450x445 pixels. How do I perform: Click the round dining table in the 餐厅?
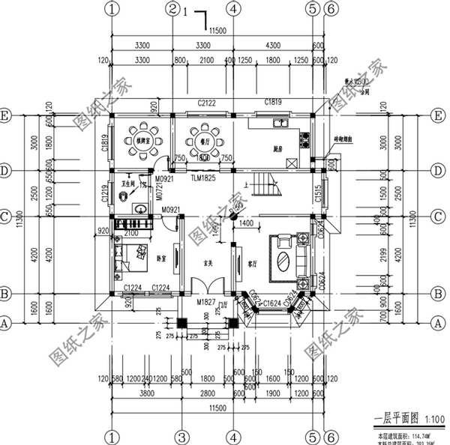click(202, 139)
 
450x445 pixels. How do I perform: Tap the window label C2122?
click(208, 102)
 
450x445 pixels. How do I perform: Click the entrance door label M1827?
click(207, 302)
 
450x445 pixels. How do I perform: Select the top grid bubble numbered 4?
click(234, 10)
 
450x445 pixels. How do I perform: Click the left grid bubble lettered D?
click(6, 171)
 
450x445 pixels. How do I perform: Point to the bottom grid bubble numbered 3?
click(181, 435)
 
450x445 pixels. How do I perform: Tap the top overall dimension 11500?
click(217, 31)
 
